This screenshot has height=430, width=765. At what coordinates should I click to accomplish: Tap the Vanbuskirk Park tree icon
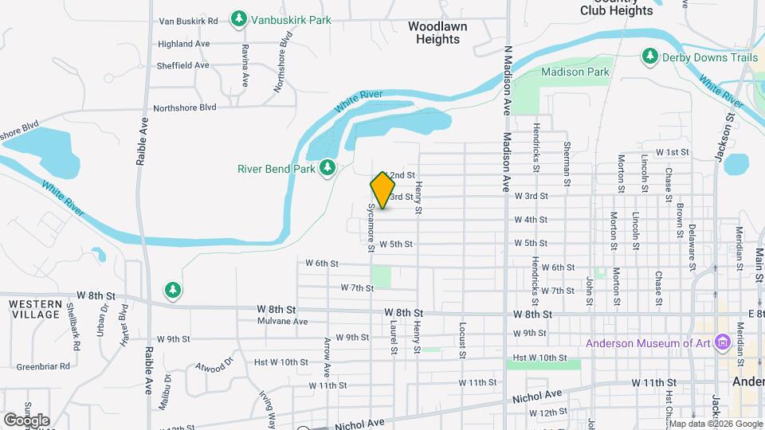click(x=238, y=18)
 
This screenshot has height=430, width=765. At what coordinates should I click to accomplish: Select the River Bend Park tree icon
click(x=327, y=167)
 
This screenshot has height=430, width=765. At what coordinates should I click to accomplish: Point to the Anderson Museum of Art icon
click(x=724, y=343)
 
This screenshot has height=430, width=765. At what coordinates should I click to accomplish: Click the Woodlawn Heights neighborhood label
click(x=437, y=33)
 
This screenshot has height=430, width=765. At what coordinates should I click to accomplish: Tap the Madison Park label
click(x=575, y=72)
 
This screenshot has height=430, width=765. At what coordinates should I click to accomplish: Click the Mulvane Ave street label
click(x=283, y=322)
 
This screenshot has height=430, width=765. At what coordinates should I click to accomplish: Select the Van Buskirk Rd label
click(x=189, y=20)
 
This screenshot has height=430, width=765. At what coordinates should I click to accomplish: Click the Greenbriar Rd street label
click(x=44, y=367)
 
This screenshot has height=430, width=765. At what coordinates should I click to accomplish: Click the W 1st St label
click(x=672, y=151)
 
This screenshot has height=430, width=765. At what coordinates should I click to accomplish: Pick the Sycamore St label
click(x=371, y=227)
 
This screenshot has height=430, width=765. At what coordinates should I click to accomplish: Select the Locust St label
click(x=462, y=340)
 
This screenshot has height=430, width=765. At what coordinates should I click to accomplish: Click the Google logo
click(x=26, y=420)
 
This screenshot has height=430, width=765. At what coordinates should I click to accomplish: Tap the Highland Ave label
click(x=183, y=44)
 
